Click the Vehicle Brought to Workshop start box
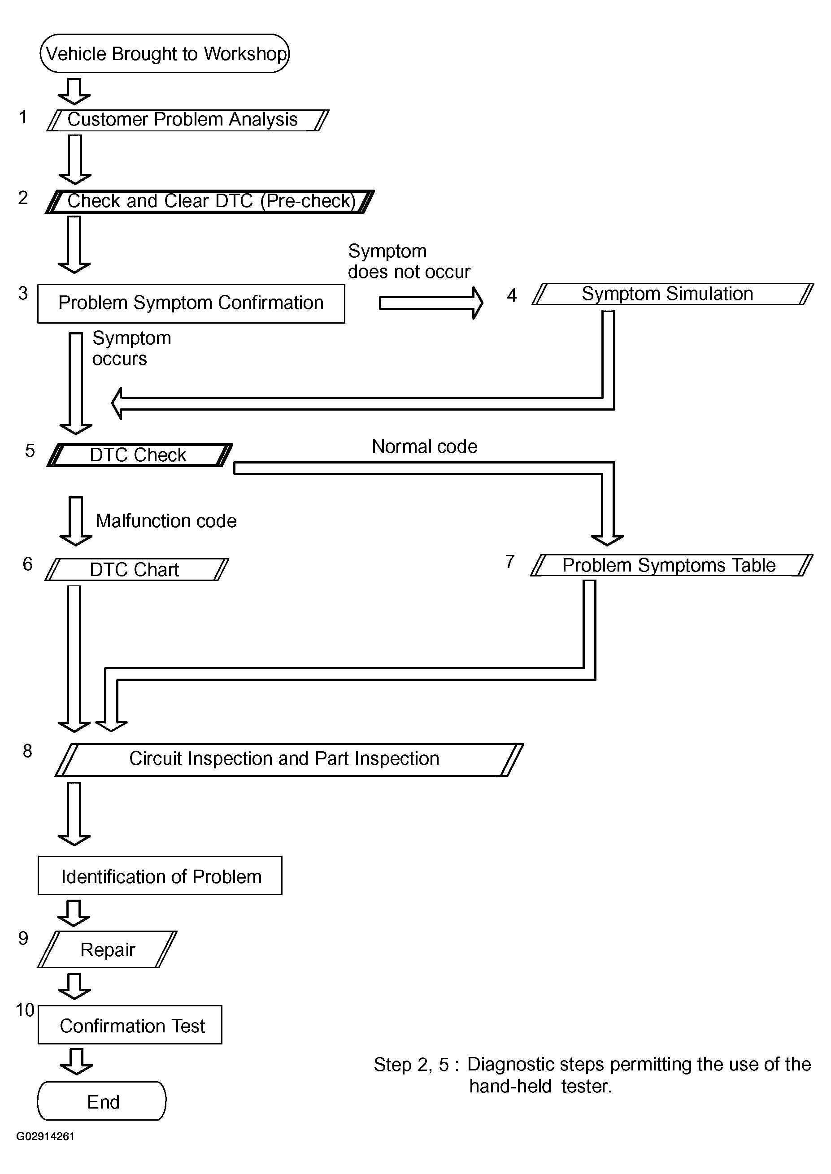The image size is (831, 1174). pyautogui.click(x=164, y=53)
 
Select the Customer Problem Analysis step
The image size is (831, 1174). pyautogui.click(x=188, y=120)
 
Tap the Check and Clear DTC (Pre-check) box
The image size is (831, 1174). pyautogui.click(x=210, y=201)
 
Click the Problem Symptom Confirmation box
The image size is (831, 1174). pyautogui.click(x=191, y=303)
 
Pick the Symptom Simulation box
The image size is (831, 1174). pyautogui.click(x=672, y=294)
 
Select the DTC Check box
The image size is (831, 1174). pyautogui.click(x=139, y=455)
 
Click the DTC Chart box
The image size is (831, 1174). pyautogui.click(x=137, y=569)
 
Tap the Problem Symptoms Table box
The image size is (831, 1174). pyautogui.click(x=671, y=565)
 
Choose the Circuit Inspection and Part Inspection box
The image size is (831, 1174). pyautogui.click(x=289, y=760)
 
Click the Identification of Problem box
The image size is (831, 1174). pyautogui.click(x=160, y=875)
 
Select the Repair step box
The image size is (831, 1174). pyautogui.click(x=108, y=949)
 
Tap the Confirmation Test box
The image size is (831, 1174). pyautogui.click(x=130, y=1025)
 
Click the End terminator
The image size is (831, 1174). pyautogui.click(x=102, y=1101)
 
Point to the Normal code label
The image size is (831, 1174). pyautogui.click(x=424, y=446)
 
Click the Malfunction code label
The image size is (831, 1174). pyautogui.click(x=166, y=520)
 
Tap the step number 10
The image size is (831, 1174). pyautogui.click(x=25, y=1010)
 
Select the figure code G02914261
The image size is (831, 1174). pyautogui.click(x=46, y=1136)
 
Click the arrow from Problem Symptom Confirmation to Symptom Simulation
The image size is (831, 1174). pyautogui.click(x=431, y=303)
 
